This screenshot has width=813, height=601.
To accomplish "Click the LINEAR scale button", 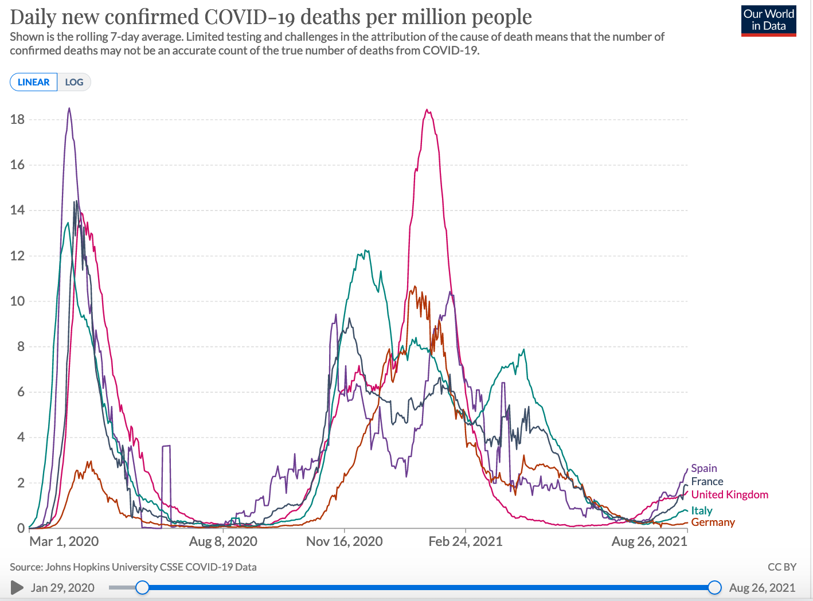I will [x=34, y=82].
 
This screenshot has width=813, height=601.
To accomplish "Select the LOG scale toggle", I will [x=74, y=82].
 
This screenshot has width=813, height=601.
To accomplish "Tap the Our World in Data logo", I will [x=768, y=21].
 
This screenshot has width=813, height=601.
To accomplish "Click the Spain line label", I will [x=704, y=469].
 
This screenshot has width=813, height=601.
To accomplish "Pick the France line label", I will [x=707, y=482].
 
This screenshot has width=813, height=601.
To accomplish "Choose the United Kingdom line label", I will [x=729, y=495].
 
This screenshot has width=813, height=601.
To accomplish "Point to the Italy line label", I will [x=702, y=510].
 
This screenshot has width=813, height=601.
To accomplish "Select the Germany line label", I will [x=713, y=522].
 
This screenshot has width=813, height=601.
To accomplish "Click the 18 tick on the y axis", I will [x=17, y=119].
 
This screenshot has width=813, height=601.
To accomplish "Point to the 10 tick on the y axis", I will [x=17, y=301].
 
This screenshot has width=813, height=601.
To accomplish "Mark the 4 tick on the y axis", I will [x=21, y=438].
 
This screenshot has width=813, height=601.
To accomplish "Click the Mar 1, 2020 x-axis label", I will [x=64, y=541].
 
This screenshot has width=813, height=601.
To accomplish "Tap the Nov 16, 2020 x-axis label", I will [x=344, y=541].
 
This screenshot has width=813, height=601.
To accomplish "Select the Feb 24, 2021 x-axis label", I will [x=465, y=541].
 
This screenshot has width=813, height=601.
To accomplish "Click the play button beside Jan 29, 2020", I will [x=17, y=587].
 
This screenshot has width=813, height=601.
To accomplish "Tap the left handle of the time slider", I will [x=142, y=587].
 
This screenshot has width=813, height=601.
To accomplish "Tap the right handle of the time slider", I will [x=714, y=587].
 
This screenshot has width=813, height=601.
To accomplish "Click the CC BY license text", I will [x=781, y=567].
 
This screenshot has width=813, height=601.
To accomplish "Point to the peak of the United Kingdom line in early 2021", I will [x=427, y=110].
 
